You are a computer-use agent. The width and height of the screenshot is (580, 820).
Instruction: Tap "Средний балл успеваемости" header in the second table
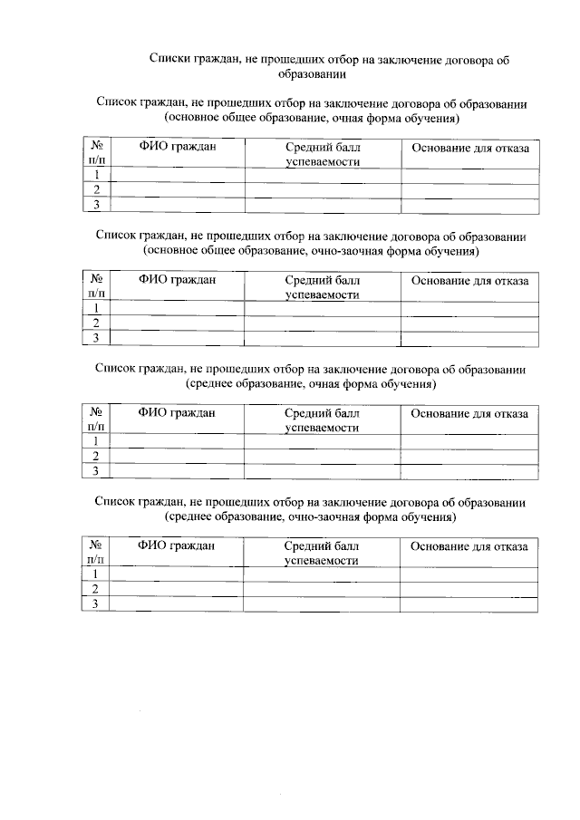click(323, 287)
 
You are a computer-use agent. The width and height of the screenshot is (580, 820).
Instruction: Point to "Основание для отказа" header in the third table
click(469, 413)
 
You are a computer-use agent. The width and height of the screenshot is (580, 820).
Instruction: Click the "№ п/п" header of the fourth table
click(95, 553)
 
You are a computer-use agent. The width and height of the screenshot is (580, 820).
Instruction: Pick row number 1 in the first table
click(96, 174)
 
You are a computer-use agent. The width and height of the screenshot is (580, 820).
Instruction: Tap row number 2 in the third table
click(95, 456)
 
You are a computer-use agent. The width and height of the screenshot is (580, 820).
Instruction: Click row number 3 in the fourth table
click(95, 603)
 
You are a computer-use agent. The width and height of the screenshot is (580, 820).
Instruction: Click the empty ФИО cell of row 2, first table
click(178, 189)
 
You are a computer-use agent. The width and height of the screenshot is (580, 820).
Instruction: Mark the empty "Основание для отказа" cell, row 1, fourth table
click(469, 574)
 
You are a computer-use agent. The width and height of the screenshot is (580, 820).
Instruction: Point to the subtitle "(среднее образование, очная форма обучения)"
click(312, 384)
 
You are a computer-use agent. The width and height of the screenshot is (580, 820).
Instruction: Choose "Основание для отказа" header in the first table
click(470, 147)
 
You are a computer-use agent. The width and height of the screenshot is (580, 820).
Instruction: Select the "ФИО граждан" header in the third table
click(177, 413)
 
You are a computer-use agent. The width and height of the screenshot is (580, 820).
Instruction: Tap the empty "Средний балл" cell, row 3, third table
click(322, 471)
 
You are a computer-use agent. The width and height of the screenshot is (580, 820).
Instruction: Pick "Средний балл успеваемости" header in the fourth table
click(322, 553)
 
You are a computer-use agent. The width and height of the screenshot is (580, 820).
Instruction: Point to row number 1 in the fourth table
click(95, 574)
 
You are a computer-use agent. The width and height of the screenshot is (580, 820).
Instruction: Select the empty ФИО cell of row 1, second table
click(178, 308)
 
